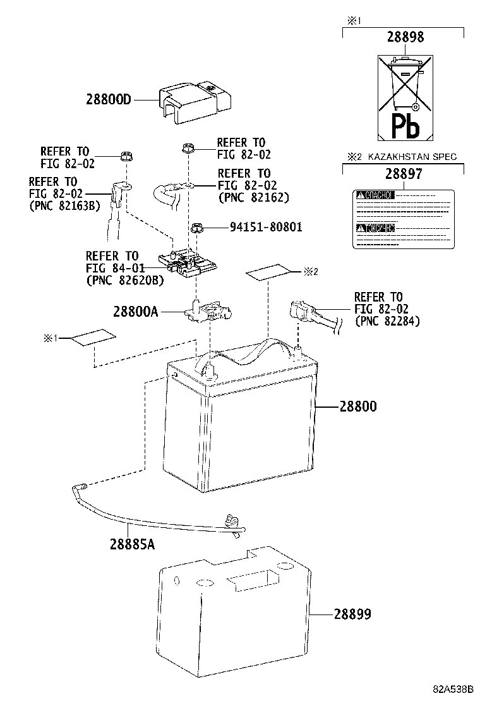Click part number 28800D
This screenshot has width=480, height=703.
pos(109,99)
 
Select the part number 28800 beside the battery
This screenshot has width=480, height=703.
pos(357,407)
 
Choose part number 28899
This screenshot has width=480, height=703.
pos(352,614)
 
